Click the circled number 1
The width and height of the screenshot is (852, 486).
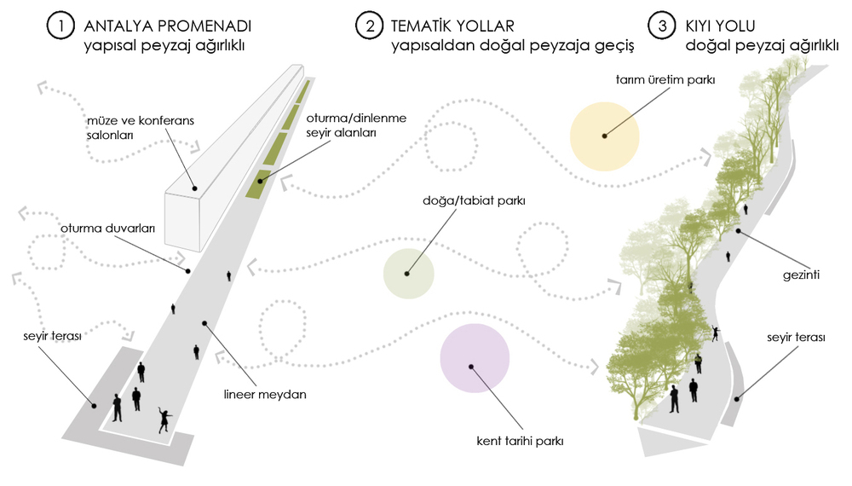(x=60, y=26)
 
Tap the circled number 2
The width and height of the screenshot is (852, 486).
(x=370, y=26)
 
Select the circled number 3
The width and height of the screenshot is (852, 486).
(x=662, y=26)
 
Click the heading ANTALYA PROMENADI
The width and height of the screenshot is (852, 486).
(x=167, y=26)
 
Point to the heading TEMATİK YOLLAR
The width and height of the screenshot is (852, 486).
(x=452, y=26)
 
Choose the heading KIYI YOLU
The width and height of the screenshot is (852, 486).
(x=720, y=26)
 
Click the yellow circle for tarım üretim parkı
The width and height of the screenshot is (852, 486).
(x=604, y=136)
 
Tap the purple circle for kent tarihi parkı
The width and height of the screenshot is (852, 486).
(x=475, y=358)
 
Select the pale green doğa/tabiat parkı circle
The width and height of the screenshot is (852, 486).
(x=409, y=274)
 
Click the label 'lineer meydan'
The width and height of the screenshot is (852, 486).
(x=265, y=394)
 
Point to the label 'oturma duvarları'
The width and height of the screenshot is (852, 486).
(x=107, y=229)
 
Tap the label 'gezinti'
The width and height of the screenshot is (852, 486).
(x=801, y=275)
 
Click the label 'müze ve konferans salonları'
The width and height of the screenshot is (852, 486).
(x=141, y=128)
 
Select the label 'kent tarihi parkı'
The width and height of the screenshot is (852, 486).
(x=520, y=441)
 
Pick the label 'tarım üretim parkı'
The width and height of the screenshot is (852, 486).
(x=665, y=80)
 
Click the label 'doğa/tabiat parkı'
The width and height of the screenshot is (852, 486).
(x=474, y=200)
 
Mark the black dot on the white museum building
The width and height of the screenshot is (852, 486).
(x=194, y=188)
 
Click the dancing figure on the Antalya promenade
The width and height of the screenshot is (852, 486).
(x=164, y=419)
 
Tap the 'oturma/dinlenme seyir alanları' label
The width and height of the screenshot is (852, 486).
(x=356, y=125)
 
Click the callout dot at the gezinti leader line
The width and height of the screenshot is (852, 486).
(x=739, y=231)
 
